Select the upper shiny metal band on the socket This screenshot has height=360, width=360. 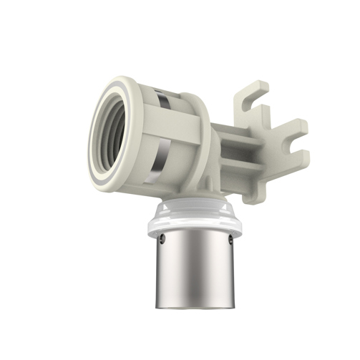(164, 99)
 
